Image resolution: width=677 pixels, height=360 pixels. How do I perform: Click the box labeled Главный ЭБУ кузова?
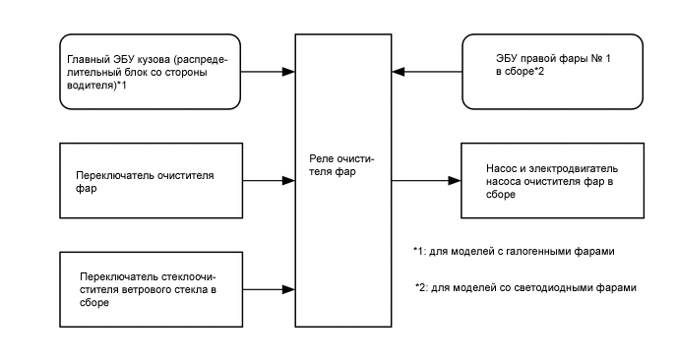click(x=151, y=72)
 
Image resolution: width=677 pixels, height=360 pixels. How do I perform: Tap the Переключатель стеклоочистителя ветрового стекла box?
click(x=151, y=290)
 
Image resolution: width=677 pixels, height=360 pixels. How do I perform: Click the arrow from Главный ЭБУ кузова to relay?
click(x=269, y=72)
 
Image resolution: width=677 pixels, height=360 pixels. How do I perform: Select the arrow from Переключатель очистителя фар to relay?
click(x=269, y=180)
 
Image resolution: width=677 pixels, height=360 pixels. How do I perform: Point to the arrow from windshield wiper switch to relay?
click(x=269, y=290)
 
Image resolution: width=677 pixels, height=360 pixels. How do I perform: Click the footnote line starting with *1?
click(x=514, y=252)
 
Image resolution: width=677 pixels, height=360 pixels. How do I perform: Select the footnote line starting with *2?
click(x=526, y=288)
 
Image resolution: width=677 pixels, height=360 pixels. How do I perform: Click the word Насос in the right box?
click(x=503, y=168)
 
